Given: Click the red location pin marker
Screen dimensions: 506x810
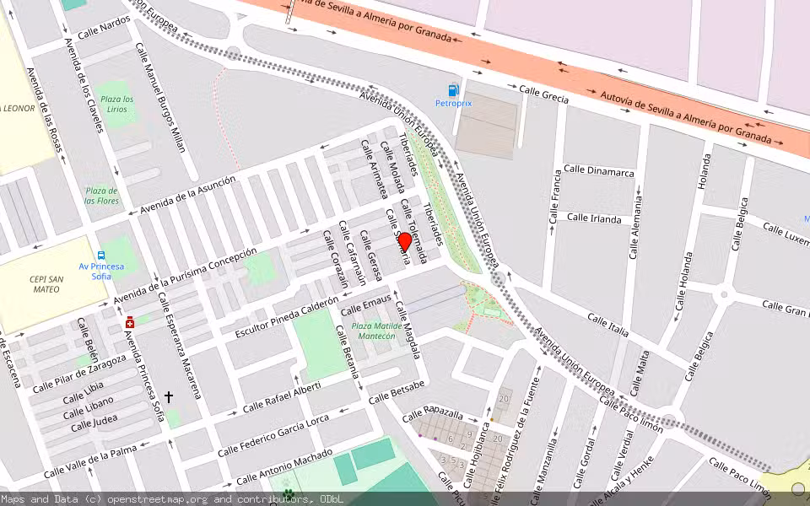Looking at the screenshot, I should pyautogui.click(x=404, y=243).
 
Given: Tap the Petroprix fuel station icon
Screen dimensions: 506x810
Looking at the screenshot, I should pyautogui.click(x=453, y=89).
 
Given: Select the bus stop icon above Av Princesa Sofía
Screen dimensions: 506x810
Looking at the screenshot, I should pyautogui.click(x=101, y=255).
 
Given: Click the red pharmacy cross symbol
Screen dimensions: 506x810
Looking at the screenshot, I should pyautogui.click(x=130, y=322).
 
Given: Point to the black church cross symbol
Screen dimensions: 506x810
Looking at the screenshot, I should pyautogui.click(x=169, y=396).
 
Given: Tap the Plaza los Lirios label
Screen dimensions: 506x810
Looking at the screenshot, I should pyautogui.click(x=117, y=110).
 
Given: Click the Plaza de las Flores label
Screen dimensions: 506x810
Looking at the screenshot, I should pyautogui.click(x=102, y=196).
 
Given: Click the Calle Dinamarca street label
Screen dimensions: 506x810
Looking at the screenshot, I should pyautogui.click(x=599, y=172).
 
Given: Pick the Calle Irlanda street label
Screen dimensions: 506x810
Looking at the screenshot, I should pyautogui.click(x=594, y=218).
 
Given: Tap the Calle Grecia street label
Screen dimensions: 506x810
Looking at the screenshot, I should pyautogui.click(x=543, y=94).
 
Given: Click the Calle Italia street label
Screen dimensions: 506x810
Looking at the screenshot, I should pyautogui.click(x=608, y=326).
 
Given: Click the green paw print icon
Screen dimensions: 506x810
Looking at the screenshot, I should pyautogui.click(x=289, y=493).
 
